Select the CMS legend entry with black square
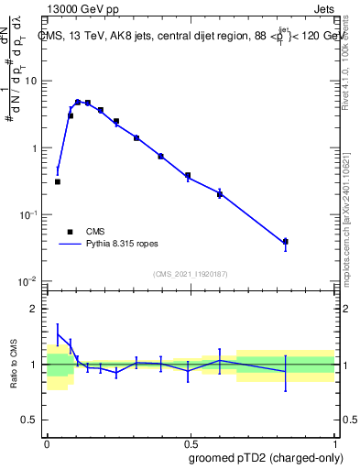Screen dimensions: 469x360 71,232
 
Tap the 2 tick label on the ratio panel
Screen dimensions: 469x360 35,309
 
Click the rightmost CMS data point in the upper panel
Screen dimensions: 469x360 285,242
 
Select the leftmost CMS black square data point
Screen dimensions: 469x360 57,181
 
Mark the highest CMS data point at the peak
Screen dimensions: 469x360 78,103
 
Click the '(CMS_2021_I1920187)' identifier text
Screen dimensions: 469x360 191,273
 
